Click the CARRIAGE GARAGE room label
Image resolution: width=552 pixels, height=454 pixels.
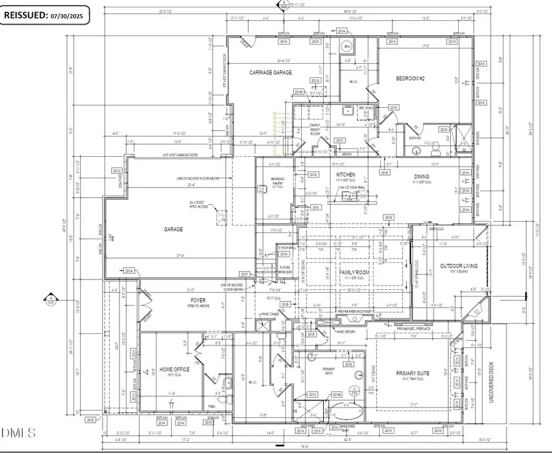point(270,72)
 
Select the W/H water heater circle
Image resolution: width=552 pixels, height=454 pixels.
point(347,47)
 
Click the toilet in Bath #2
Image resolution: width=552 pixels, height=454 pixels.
point(434,149)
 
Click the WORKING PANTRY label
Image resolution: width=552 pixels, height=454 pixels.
point(278,181)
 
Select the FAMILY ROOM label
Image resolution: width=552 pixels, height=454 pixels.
point(356,271)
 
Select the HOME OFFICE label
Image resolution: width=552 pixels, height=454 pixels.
point(174,369)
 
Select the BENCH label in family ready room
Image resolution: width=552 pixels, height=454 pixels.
point(347,154)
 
